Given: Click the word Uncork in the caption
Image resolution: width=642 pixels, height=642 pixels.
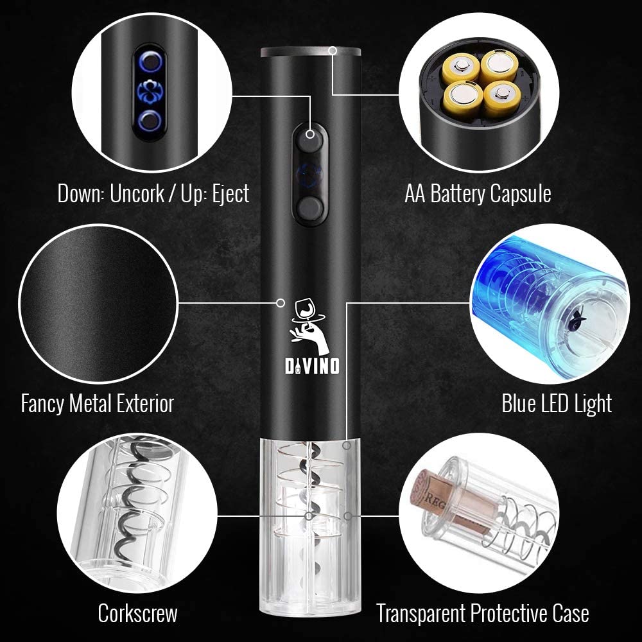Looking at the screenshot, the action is coord(137,193).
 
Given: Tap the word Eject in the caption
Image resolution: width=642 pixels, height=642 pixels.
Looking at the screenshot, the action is coord(230,193).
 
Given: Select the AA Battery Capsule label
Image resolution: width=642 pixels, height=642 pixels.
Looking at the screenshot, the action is coord(478,193).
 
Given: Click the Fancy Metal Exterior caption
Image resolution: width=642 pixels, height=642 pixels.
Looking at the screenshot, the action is coord(98,403).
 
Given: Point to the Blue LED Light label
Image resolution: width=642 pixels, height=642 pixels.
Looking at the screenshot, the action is coord(557,403).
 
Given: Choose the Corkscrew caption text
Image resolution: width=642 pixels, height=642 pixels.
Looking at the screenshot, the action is coord(137,613).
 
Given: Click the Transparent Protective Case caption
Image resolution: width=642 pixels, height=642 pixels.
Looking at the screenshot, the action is coord(483,613).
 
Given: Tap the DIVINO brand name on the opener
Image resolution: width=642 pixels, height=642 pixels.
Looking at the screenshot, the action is coord(312,366).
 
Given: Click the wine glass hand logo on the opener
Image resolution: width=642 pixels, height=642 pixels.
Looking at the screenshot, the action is coord(310,326).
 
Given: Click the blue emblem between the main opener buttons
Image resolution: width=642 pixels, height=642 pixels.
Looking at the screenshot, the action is coord(310,173).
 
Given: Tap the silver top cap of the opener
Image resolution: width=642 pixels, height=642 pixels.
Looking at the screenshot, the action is coord(311,52).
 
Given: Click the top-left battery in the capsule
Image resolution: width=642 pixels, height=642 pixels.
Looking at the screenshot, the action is coord(460,67).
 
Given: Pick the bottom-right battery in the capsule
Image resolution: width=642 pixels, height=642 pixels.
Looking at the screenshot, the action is coord(502,98).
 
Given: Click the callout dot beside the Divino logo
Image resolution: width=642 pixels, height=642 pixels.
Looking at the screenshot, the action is coord(281,303).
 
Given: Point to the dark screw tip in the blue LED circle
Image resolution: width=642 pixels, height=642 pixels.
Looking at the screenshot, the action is coord(573,315).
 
